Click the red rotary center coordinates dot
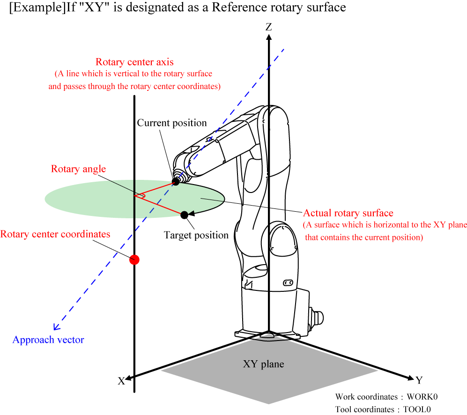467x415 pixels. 134,259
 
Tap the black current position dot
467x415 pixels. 176,181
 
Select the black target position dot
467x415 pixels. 184,215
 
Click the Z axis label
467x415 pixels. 268,27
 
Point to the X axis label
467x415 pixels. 121,381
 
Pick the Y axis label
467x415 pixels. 419,379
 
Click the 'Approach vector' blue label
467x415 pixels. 48,340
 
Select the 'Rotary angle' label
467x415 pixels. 78,169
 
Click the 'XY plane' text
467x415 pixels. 263,364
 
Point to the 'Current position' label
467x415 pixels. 172,123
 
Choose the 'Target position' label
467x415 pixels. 196,235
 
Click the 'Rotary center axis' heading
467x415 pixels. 134,62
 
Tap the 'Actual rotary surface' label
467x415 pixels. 348,213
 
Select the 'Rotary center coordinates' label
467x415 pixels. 55,234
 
